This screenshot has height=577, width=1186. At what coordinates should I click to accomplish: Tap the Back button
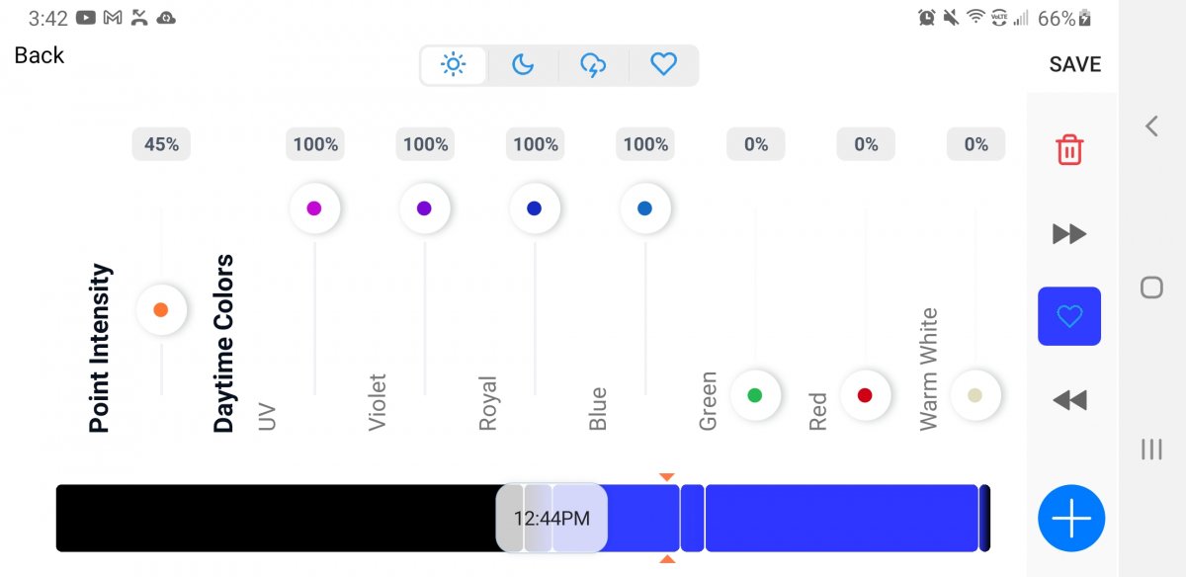(x=40, y=55)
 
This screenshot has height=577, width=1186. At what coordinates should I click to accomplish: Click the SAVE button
(x=1074, y=64)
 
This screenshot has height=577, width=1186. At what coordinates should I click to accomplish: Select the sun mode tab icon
(x=454, y=65)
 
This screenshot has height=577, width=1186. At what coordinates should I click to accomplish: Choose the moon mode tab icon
(x=523, y=65)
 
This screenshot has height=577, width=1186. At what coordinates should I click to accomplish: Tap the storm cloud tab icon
(x=593, y=65)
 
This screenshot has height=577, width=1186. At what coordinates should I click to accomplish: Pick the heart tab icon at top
(x=663, y=65)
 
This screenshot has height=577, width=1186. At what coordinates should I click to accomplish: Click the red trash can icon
(x=1069, y=150)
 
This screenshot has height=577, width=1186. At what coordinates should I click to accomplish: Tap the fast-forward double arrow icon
(x=1069, y=234)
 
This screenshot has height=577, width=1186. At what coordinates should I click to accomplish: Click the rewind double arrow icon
(x=1069, y=400)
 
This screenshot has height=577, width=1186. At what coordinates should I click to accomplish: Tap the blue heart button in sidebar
(x=1069, y=316)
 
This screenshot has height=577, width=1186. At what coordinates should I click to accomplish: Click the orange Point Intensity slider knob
(x=161, y=310)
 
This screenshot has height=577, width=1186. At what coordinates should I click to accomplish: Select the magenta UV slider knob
(x=314, y=208)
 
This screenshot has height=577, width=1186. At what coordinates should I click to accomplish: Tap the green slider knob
(x=755, y=395)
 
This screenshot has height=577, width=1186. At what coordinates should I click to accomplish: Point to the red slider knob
(x=865, y=395)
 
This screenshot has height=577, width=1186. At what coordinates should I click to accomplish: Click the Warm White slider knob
(x=975, y=395)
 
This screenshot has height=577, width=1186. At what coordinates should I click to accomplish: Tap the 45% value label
(x=161, y=144)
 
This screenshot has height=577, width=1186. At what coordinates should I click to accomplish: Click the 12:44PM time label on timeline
(x=551, y=518)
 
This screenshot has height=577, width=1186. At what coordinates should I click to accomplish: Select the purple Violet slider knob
(x=425, y=208)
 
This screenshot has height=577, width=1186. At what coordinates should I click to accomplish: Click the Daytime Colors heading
(x=224, y=344)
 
